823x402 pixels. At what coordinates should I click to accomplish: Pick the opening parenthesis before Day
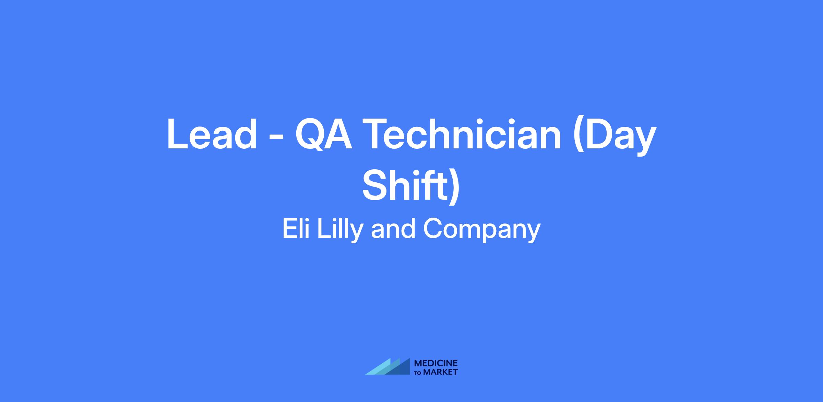pos(580,137)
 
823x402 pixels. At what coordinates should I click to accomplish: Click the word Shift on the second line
pos(404,185)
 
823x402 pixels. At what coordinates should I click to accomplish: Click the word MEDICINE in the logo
pos(436,363)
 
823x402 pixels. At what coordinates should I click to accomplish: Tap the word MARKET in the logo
pos(440,372)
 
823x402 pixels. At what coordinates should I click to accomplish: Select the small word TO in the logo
pos(418,373)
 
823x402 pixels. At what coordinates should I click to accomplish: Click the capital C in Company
pos(433,229)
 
